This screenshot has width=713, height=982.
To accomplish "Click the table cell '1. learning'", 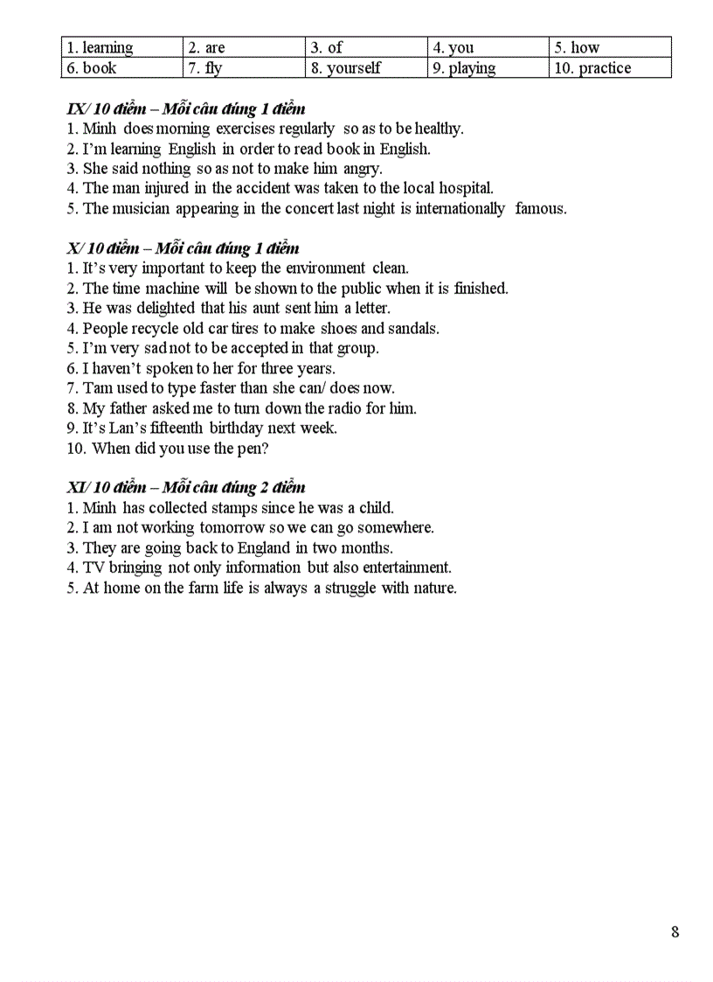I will (x=122, y=47).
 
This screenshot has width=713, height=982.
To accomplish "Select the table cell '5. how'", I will (x=610, y=47).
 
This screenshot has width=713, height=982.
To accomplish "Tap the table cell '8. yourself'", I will (x=366, y=67).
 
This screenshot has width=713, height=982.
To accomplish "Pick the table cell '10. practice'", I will (x=610, y=67).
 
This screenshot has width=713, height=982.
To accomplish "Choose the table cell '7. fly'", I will (x=244, y=67).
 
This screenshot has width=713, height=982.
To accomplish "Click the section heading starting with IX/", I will (x=186, y=109).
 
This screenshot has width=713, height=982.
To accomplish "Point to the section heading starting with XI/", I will (x=186, y=487).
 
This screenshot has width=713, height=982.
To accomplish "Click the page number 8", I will (x=675, y=932).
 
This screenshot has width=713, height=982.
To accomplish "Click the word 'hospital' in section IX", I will (x=465, y=188).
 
